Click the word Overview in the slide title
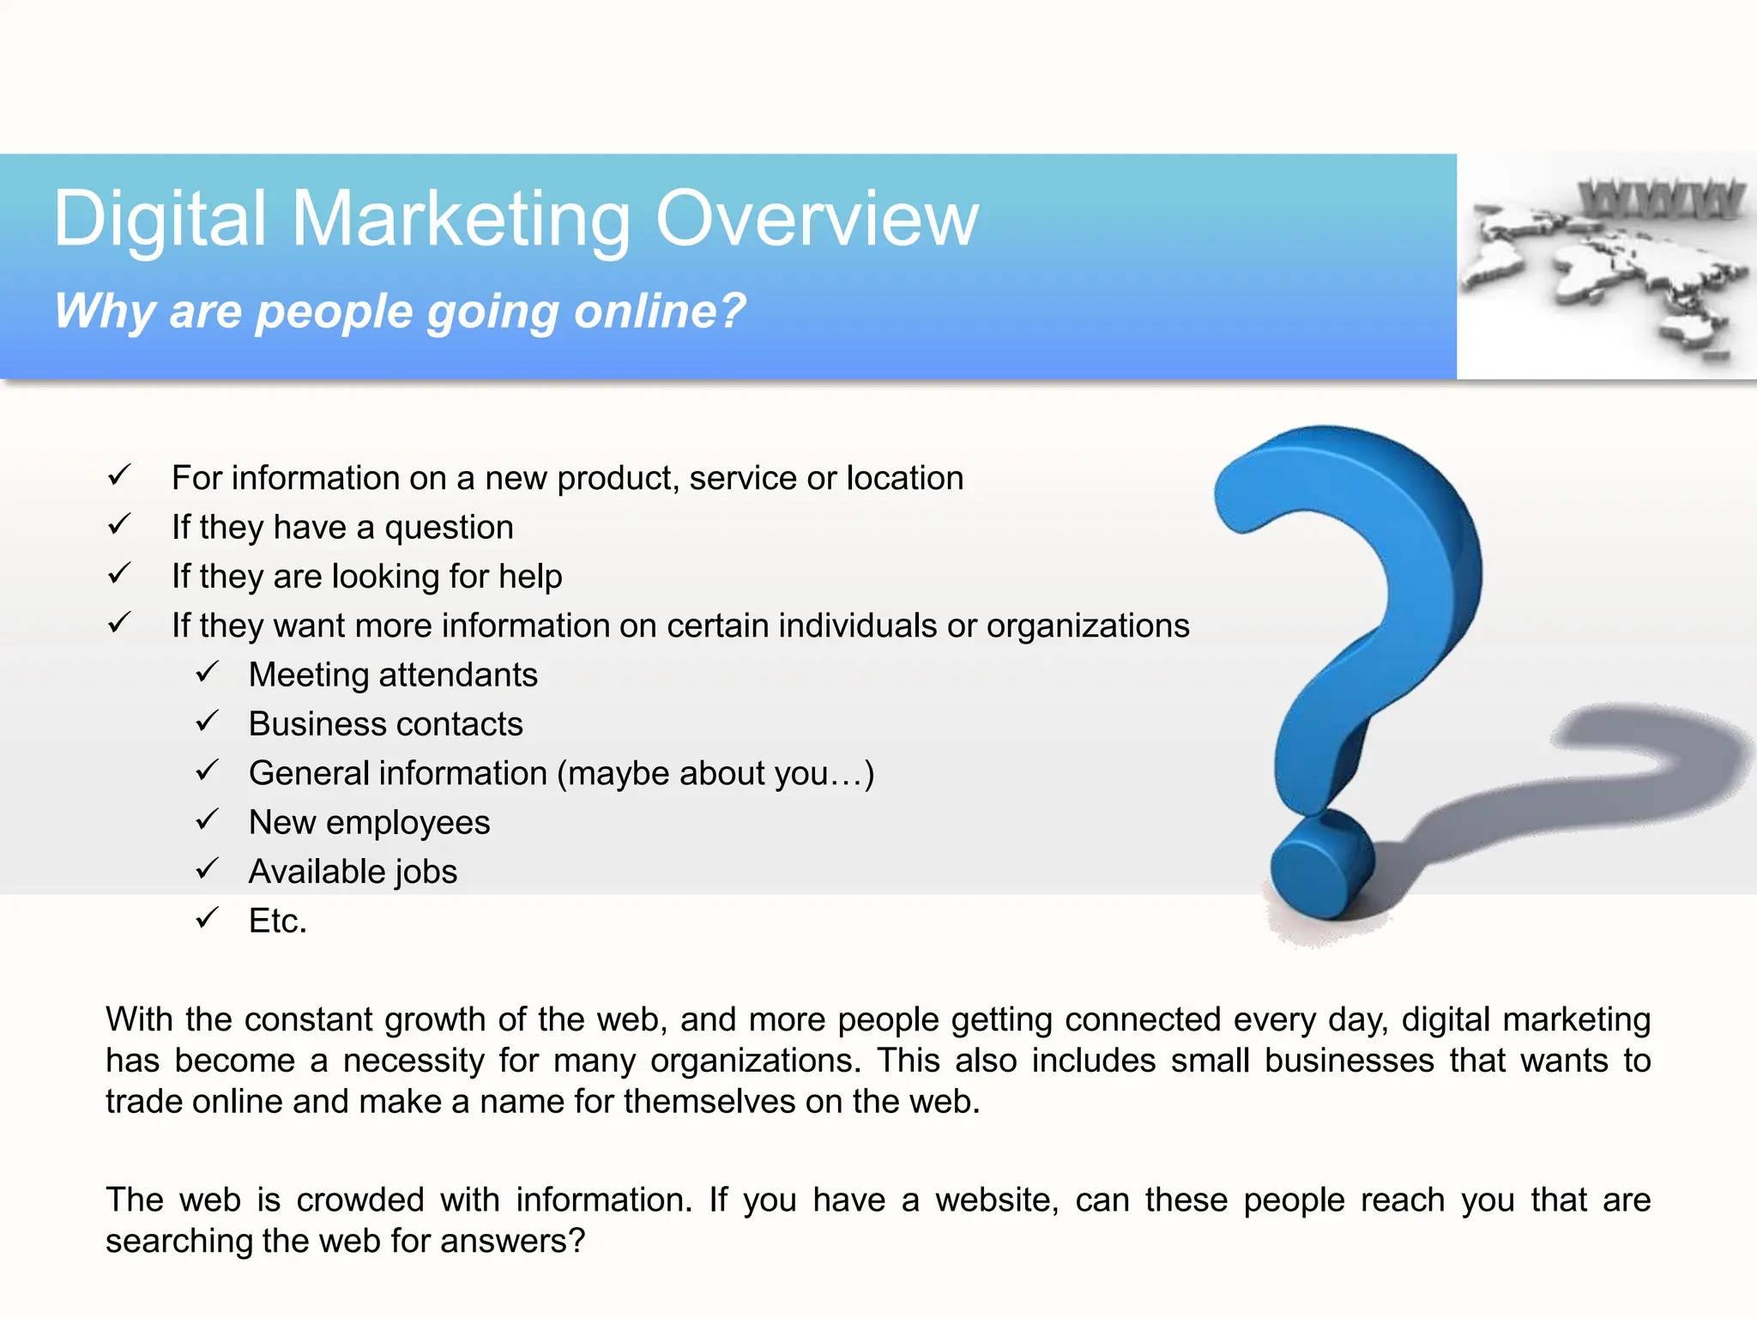(817, 220)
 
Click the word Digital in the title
(160, 220)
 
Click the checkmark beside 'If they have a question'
(119, 523)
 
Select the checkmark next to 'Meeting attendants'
(207, 672)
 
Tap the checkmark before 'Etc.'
(207, 918)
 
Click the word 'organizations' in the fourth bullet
(1088, 626)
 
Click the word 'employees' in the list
(408, 823)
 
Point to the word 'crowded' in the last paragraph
(360, 1200)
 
